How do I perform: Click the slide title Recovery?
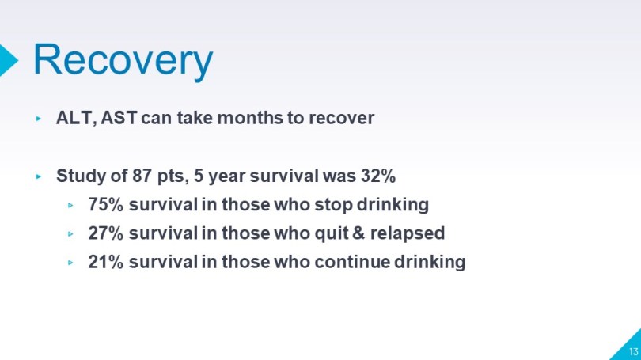[x=123, y=60]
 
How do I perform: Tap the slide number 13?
[x=633, y=351]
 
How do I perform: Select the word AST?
[x=119, y=118]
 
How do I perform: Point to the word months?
[x=250, y=118]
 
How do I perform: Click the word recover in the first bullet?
[x=341, y=118]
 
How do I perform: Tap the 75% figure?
[x=105, y=205]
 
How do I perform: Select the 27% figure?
[x=105, y=233]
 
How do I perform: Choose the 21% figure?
[x=105, y=262]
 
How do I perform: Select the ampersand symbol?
[x=358, y=233]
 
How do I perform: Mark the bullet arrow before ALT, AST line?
[x=39, y=119]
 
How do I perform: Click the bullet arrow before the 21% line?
[x=70, y=263]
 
